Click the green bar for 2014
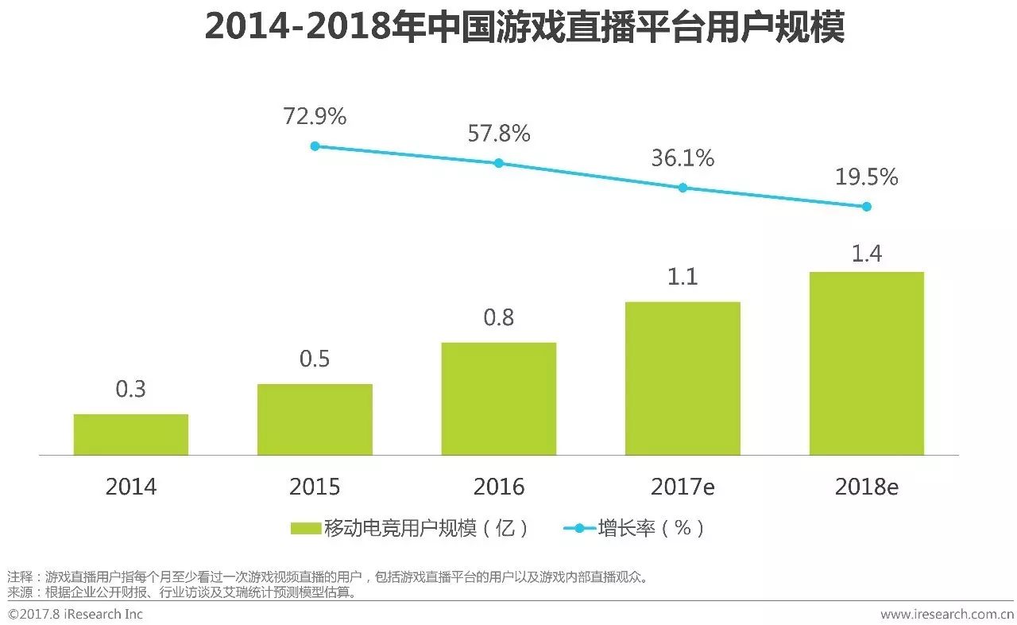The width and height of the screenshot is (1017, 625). pyautogui.click(x=131, y=434)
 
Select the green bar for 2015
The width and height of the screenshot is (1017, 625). pyautogui.click(x=315, y=419)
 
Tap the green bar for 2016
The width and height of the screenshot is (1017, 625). pyautogui.click(x=498, y=398)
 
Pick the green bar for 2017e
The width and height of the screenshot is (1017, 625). pyautogui.click(x=683, y=378)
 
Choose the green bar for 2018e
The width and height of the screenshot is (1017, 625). pyautogui.click(x=866, y=363)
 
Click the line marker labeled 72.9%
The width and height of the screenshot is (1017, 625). pyautogui.click(x=315, y=146)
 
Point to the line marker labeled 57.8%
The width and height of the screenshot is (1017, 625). pyautogui.click(x=499, y=163)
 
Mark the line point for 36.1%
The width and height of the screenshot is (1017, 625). pyautogui.click(x=683, y=188)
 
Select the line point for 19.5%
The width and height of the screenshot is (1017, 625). pyautogui.click(x=866, y=207)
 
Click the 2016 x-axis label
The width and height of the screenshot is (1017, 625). pyautogui.click(x=499, y=487)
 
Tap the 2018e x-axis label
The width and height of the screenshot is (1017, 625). pyautogui.click(x=866, y=487)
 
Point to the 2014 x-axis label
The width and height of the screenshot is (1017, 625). pyautogui.click(x=131, y=487)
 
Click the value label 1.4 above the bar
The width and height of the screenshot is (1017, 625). pyautogui.click(x=866, y=254)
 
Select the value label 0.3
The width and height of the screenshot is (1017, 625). pyautogui.click(x=131, y=390)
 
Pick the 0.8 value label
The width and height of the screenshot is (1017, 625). pyautogui.click(x=499, y=317)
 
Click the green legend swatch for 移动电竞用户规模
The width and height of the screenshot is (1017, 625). pyautogui.click(x=306, y=528)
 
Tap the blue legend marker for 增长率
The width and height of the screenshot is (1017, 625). pyautogui.click(x=579, y=528)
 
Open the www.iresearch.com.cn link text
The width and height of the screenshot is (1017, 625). pyautogui.click(x=945, y=614)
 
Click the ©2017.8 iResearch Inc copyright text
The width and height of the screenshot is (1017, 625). pyautogui.click(x=75, y=614)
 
